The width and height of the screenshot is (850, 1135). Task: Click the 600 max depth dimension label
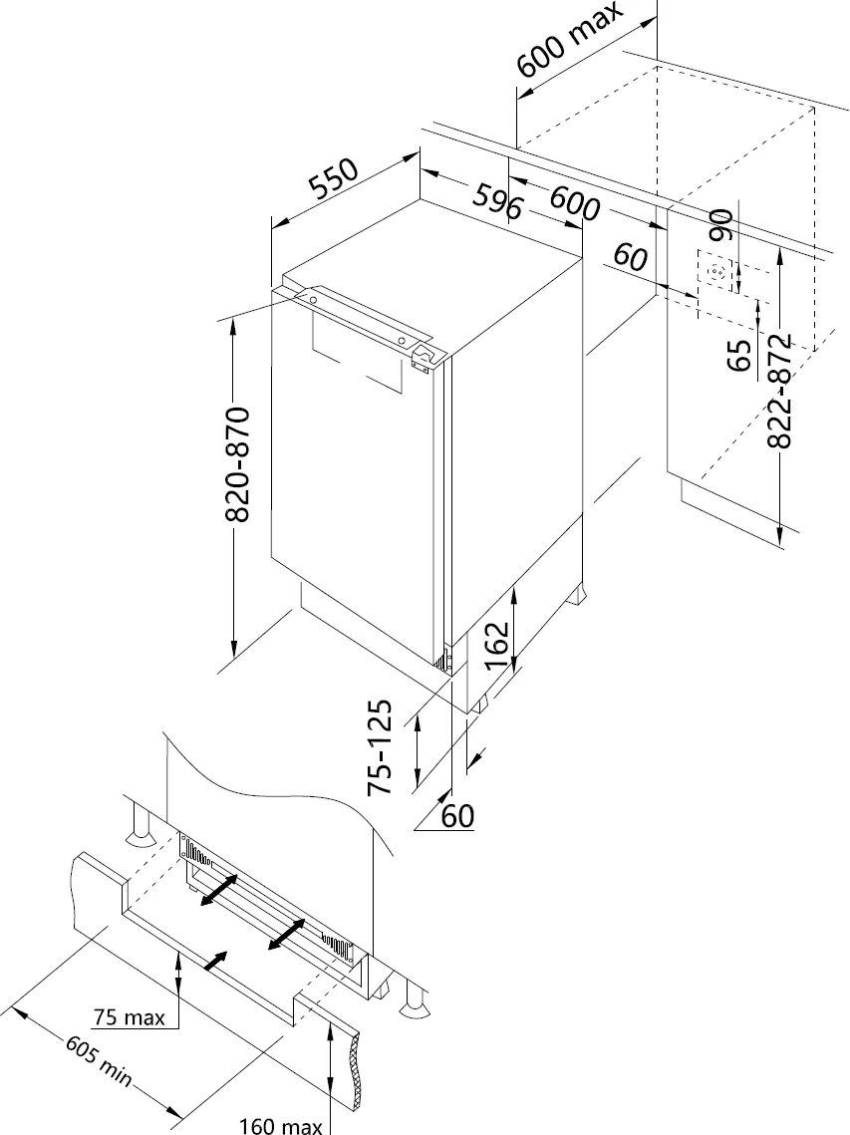coord(569,41)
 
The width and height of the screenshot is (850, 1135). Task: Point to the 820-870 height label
coord(238,464)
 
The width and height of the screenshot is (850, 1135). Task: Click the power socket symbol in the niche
coord(717,272)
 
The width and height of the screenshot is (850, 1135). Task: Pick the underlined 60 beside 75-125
coord(456,816)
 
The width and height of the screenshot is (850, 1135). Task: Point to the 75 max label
coord(129,1017)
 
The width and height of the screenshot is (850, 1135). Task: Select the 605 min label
coord(98,1061)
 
